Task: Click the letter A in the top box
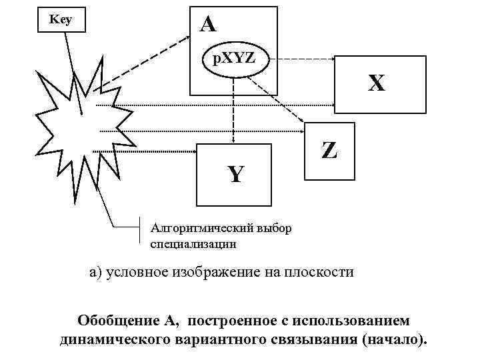pyautogui.click(x=209, y=25)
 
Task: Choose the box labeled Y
pyautogui.click(x=235, y=175)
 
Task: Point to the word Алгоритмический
pyautogui.click(x=195, y=229)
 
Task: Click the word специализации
pyautogui.click(x=193, y=244)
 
